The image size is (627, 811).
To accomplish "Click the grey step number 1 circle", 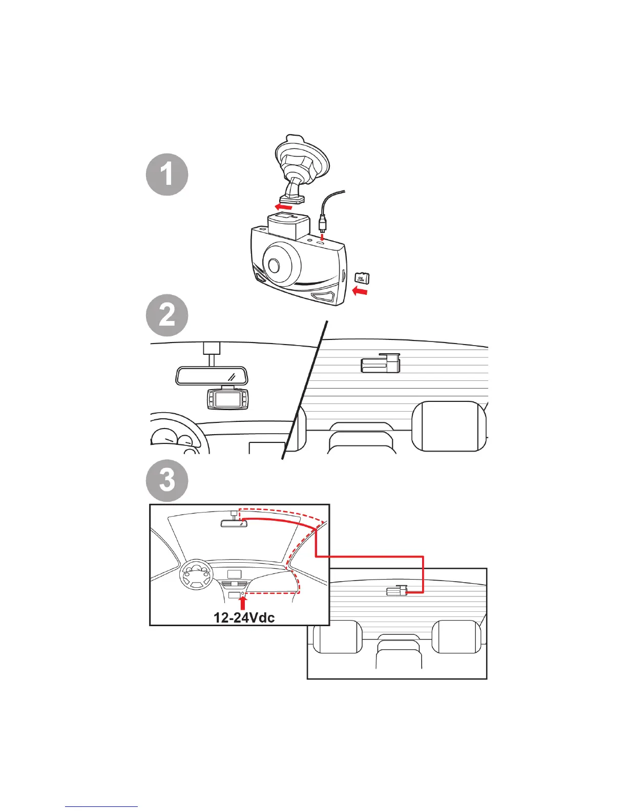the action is point(167,175).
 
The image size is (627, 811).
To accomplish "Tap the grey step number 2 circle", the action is point(167,315).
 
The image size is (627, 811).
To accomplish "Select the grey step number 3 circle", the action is point(167,481).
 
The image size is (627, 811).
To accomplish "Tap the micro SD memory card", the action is point(362,278).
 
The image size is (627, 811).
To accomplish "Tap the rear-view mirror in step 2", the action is point(211,375).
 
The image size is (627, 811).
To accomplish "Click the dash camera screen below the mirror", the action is point(227,399).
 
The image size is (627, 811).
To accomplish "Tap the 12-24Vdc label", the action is point(244,617).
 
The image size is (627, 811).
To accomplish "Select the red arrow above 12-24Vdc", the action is point(243,601).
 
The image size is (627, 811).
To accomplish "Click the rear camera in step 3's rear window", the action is point(396,591).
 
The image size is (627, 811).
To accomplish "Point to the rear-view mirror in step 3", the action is point(234,523).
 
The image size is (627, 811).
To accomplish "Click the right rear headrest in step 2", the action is point(448,426).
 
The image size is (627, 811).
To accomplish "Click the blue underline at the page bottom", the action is point(101,806).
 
